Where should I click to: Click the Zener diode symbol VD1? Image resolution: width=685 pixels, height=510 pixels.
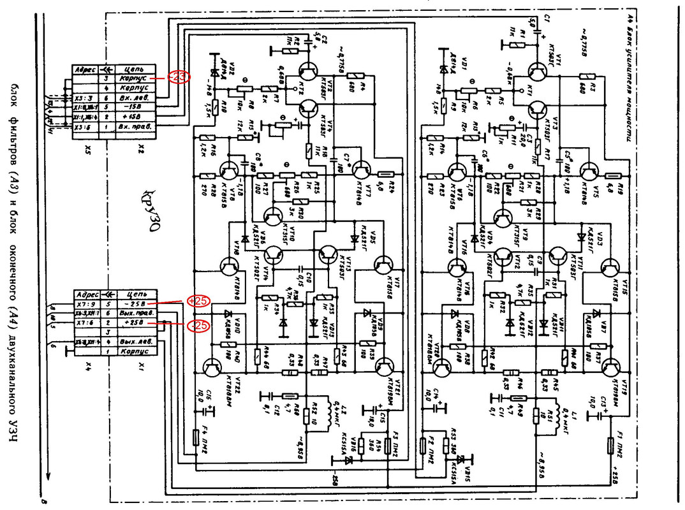(443, 69)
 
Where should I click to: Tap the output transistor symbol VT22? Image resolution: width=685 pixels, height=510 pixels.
(212, 368)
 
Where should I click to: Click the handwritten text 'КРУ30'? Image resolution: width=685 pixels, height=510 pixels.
(151, 210)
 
